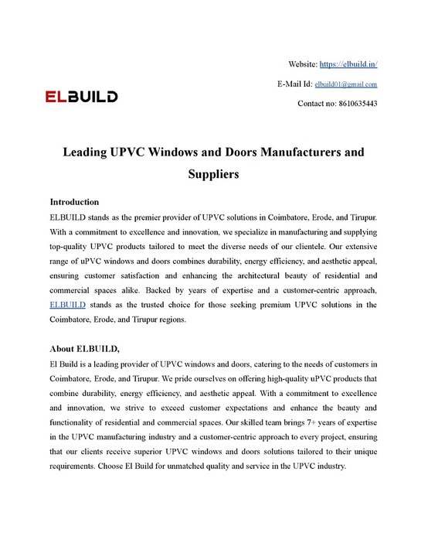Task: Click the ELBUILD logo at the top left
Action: (81, 97)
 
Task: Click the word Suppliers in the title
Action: (213, 174)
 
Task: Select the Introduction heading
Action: (74, 202)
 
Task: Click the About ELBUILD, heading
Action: (85, 348)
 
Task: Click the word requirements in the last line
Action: (75, 468)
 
